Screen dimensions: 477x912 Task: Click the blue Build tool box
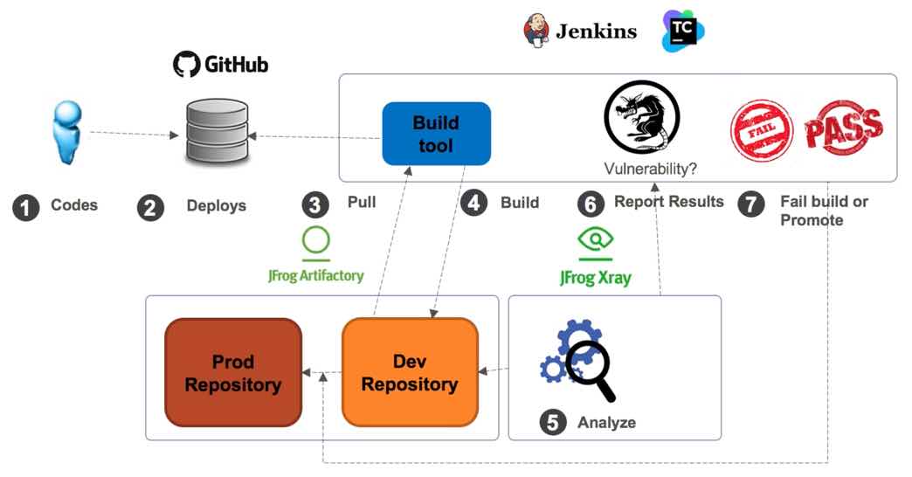click(436, 134)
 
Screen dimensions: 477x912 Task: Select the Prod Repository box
click(233, 372)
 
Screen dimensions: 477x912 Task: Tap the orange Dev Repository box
click(410, 372)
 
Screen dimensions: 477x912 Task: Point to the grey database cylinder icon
click(218, 133)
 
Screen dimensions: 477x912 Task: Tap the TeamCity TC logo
click(682, 31)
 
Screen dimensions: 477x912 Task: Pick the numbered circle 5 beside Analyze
click(552, 423)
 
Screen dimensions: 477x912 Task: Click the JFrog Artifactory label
click(315, 275)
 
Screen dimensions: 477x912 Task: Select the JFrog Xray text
click(597, 277)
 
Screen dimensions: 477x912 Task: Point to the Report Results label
click(668, 202)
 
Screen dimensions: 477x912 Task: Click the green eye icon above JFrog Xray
click(597, 240)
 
